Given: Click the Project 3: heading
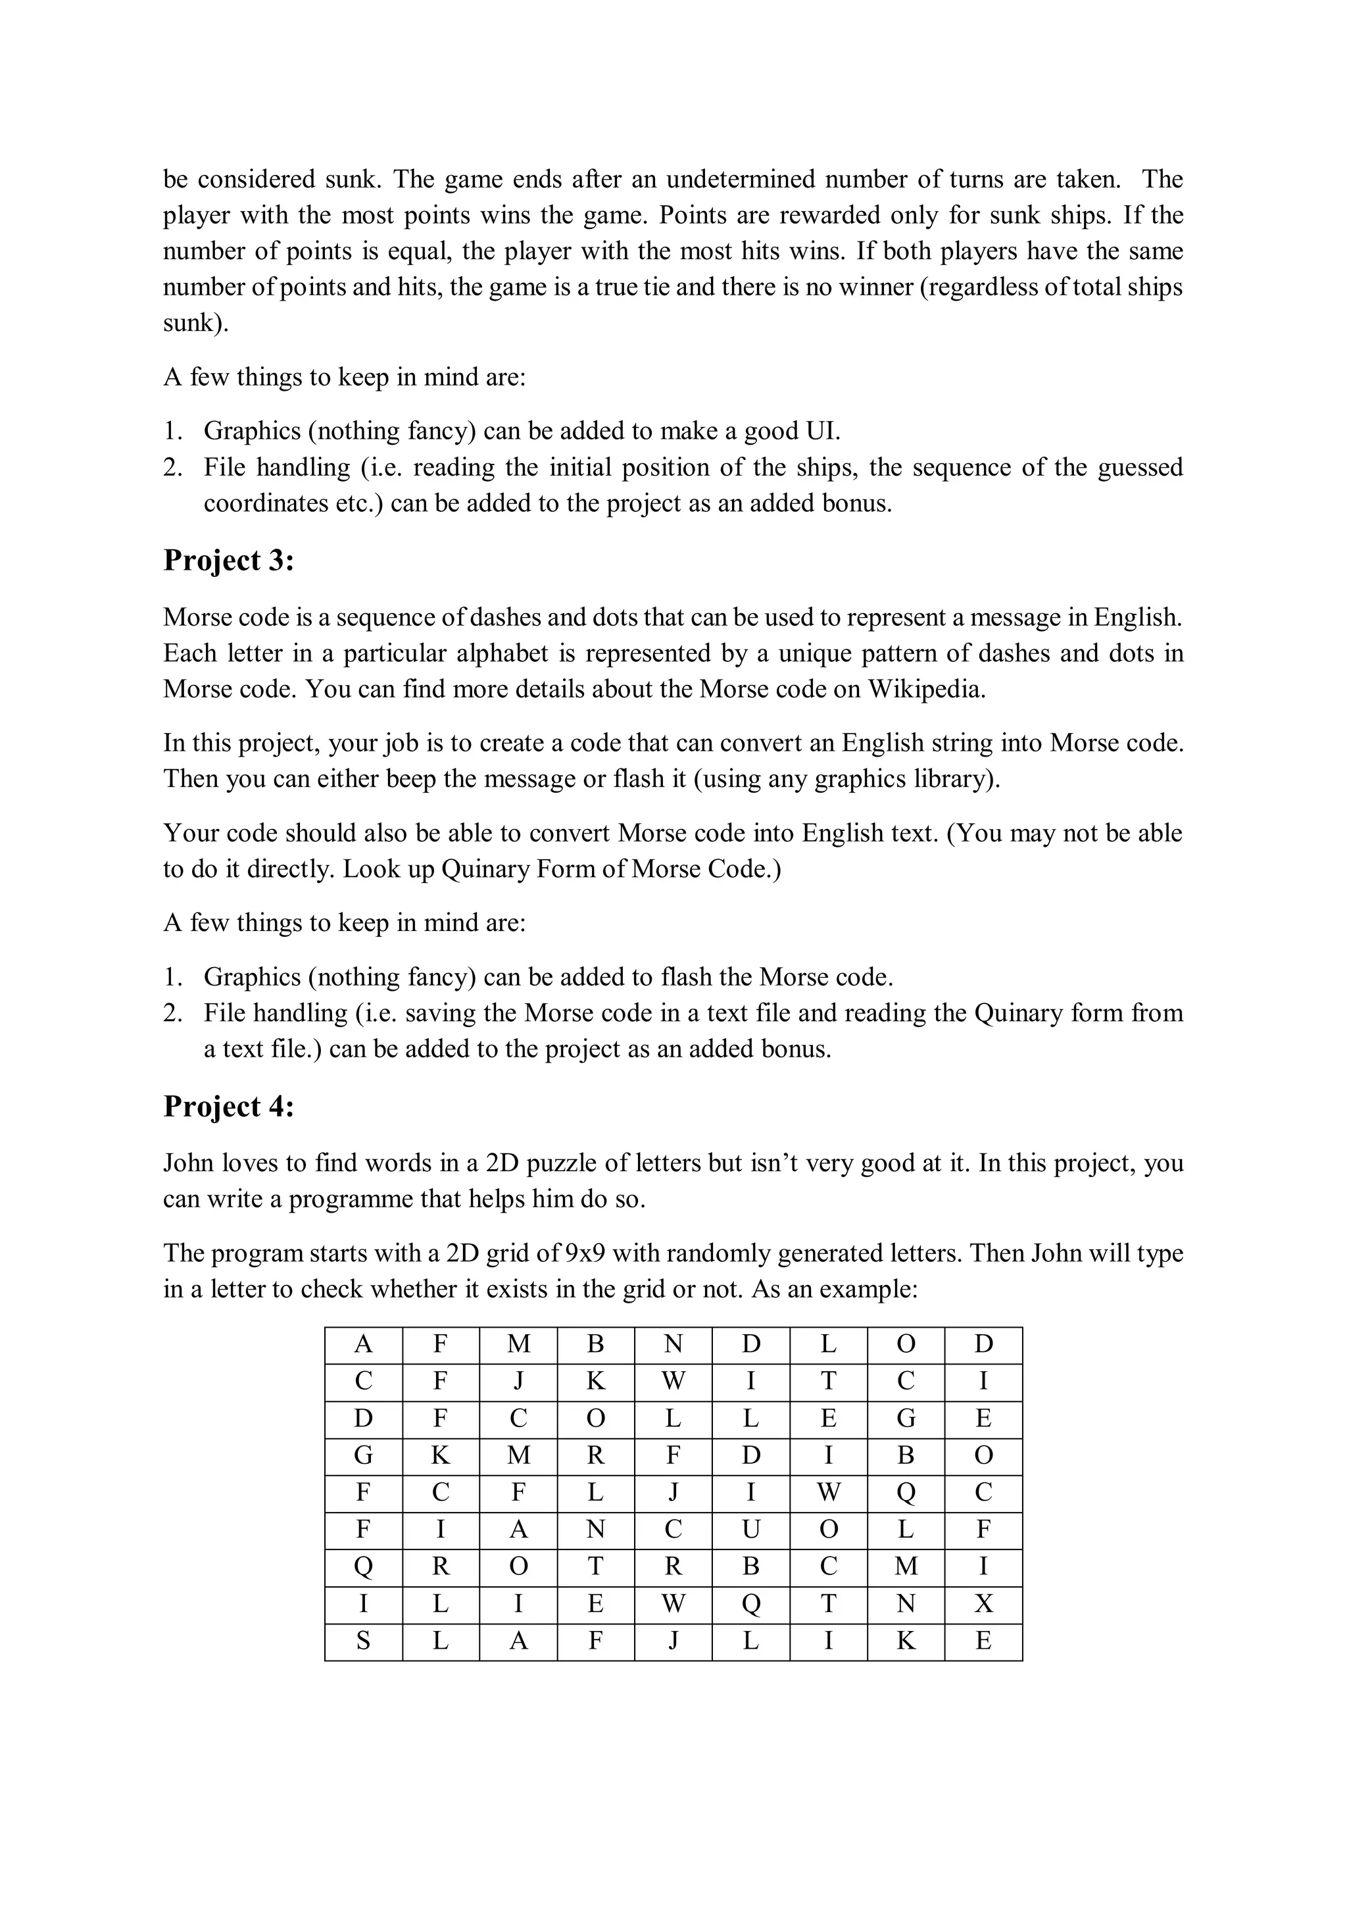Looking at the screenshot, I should click(228, 561).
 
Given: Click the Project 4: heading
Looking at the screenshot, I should click(228, 1107).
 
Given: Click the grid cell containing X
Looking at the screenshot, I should click(983, 1603).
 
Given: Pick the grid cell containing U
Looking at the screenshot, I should click(750, 1528).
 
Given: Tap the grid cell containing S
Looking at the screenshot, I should click(362, 1640).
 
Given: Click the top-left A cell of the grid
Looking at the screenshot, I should click(362, 1344).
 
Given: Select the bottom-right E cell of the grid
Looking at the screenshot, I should click(983, 1640).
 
